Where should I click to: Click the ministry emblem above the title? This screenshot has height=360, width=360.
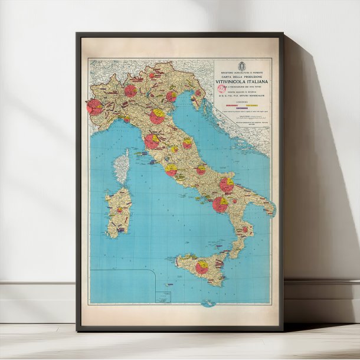[x=241, y=64]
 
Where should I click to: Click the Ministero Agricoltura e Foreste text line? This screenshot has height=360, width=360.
[x=241, y=72]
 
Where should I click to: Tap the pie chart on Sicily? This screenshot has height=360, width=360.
[x=202, y=268]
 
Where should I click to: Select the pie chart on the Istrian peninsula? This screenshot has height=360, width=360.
[x=198, y=93]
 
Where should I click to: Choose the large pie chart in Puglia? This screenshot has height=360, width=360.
[x=227, y=185]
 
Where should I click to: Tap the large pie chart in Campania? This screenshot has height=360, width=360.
[x=220, y=204]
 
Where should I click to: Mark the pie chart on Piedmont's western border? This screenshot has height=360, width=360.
[x=94, y=106]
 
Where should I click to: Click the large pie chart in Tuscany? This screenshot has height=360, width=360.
[x=152, y=141]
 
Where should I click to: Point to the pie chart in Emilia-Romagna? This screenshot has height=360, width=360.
[x=156, y=116]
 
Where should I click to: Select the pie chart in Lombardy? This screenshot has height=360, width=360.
[x=130, y=90]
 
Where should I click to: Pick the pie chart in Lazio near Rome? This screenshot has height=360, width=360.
[x=171, y=170]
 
